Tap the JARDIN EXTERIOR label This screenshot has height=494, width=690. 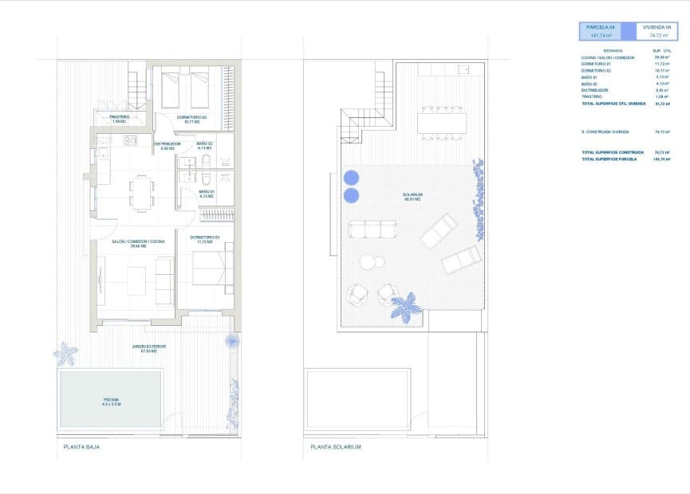pos(149,348)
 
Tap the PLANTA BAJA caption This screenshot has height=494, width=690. pos(81,447)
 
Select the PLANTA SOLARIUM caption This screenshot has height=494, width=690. pos(336,447)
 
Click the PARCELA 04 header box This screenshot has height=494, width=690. pos(601,31)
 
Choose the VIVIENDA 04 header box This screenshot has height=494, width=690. pos(657,31)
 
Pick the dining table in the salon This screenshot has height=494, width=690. pos(142,193)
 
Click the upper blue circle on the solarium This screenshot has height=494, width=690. pos(351,177)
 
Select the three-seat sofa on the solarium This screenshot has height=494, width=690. pos(373,230)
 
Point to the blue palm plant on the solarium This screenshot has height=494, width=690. pos(407,306)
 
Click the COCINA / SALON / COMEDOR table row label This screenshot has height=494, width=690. pos(608,58)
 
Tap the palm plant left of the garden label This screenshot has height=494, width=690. pos(65,353)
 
